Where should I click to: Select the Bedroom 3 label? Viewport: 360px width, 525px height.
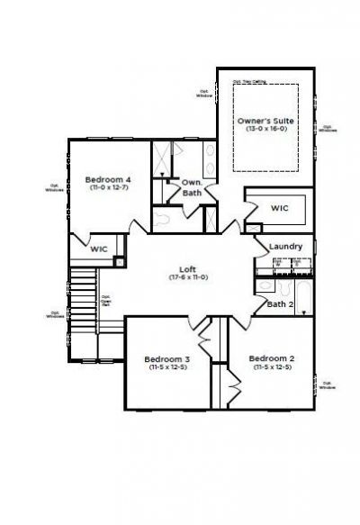point(166,359)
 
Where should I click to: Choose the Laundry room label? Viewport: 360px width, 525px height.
point(285,247)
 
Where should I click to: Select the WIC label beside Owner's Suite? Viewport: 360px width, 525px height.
point(280,208)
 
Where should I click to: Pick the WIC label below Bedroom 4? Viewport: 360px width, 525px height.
point(98,248)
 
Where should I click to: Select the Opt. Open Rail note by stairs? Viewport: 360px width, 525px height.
point(105,300)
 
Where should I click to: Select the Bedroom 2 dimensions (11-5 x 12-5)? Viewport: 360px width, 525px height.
point(271,367)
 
